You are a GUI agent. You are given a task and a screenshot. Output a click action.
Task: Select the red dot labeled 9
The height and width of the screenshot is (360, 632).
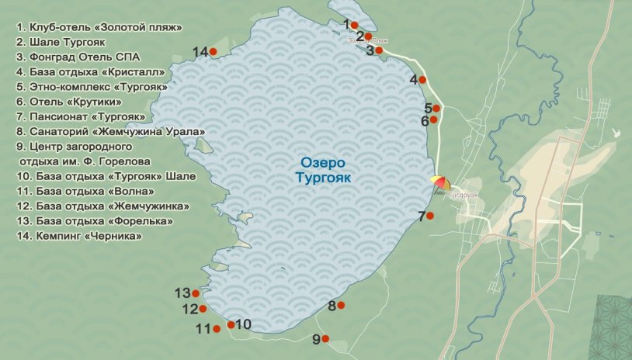(x=325, y=339)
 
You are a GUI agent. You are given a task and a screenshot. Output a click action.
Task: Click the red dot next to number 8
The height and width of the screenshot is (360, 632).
(x=341, y=306)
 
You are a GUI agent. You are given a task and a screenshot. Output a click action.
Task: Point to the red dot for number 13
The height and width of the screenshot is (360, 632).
(x=196, y=294)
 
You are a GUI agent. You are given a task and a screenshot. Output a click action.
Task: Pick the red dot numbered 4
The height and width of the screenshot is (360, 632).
(x=422, y=79)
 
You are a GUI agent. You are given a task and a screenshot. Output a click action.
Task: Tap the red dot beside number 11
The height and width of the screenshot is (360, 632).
(x=217, y=329)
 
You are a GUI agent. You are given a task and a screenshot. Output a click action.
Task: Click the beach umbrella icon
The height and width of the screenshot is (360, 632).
(x=441, y=183)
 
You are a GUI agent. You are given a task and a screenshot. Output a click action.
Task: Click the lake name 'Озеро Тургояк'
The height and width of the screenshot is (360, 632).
(x=324, y=170)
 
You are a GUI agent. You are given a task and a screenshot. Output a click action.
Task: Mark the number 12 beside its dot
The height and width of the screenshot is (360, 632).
(x=190, y=309)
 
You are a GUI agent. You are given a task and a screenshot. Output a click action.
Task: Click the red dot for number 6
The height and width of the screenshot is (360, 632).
(x=433, y=119)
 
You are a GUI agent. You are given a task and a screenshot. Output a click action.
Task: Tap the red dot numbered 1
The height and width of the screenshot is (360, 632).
(x=354, y=26)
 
